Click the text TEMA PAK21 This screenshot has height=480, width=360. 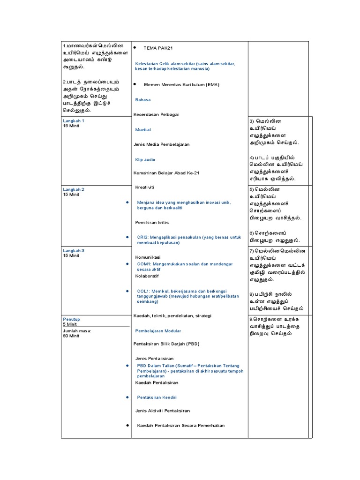click(158, 48)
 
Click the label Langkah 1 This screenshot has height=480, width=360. click(74, 121)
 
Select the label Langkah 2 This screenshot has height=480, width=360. click(74, 189)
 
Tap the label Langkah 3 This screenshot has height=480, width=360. click(74, 251)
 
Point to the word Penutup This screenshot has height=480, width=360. click(71, 319)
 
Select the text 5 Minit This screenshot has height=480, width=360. click(70, 324)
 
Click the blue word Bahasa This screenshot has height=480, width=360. click(143, 100)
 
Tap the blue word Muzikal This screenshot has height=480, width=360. click(143, 129)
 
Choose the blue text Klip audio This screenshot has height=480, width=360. click(145, 160)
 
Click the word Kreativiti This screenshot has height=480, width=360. click(145, 187)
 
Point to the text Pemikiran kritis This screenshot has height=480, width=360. click(152, 222)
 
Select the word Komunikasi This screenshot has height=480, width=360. click(148, 257)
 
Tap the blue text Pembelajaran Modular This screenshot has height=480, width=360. click(157, 331)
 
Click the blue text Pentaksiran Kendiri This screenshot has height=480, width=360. click(157, 397)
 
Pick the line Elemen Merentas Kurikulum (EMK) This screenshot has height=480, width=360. click(175, 85)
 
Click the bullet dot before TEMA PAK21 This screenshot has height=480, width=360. click(135, 48)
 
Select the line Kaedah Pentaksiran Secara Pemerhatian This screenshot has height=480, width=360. click(180, 426)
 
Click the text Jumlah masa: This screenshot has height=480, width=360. click(77, 330)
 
